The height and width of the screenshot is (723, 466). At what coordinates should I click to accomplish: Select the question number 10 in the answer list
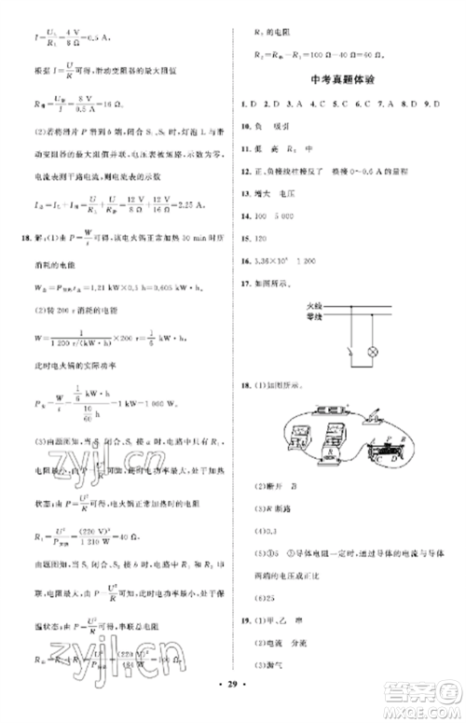tap(245, 121)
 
